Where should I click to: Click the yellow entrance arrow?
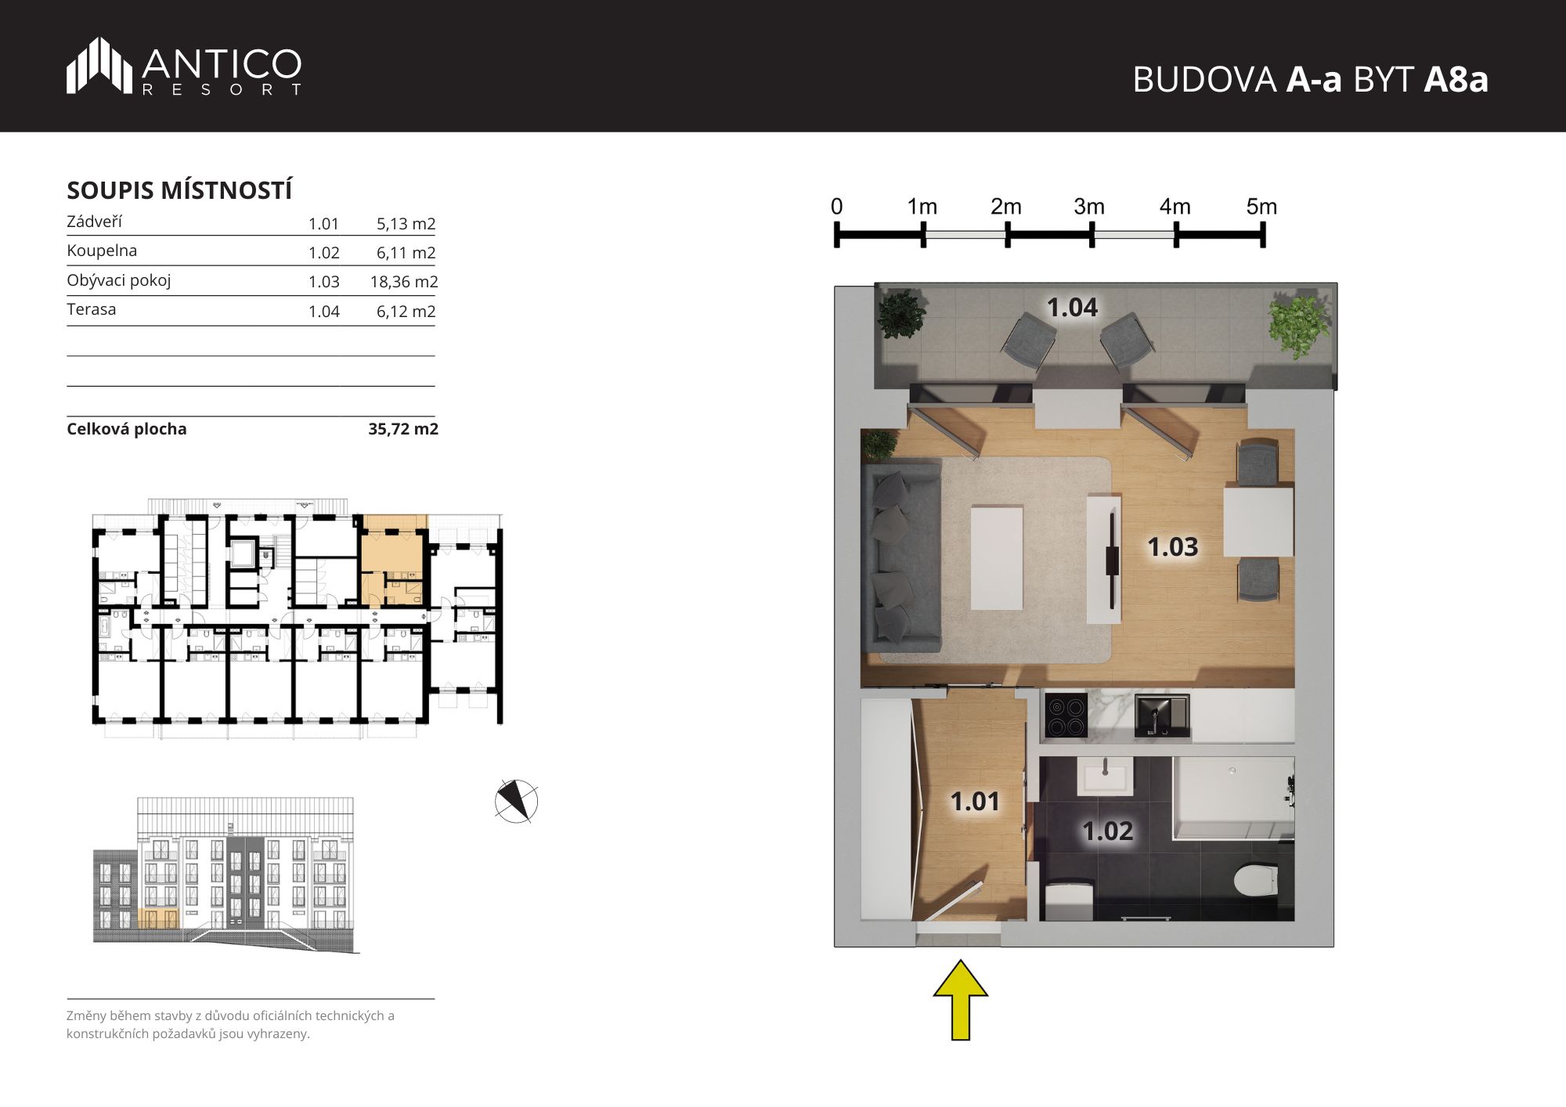point(961,1000)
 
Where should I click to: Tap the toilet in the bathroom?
point(1256,880)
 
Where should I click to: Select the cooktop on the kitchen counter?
point(1066,716)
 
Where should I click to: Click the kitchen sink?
point(1162,715)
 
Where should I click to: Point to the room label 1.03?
point(1172,546)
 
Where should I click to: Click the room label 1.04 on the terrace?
point(1072,307)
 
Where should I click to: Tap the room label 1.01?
point(975,801)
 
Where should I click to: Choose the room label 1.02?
point(1107,831)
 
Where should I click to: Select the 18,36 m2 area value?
point(404,282)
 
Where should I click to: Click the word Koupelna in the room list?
point(102,251)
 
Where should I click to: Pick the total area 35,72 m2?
point(403,429)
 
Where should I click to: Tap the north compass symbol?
point(517,802)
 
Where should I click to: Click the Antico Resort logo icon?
point(99,65)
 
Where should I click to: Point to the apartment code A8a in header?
point(1456,79)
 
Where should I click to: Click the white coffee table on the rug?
point(997,557)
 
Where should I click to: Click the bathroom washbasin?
point(1105,775)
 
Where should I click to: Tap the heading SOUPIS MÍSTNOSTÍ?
point(179,190)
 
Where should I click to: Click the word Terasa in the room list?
point(92,309)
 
